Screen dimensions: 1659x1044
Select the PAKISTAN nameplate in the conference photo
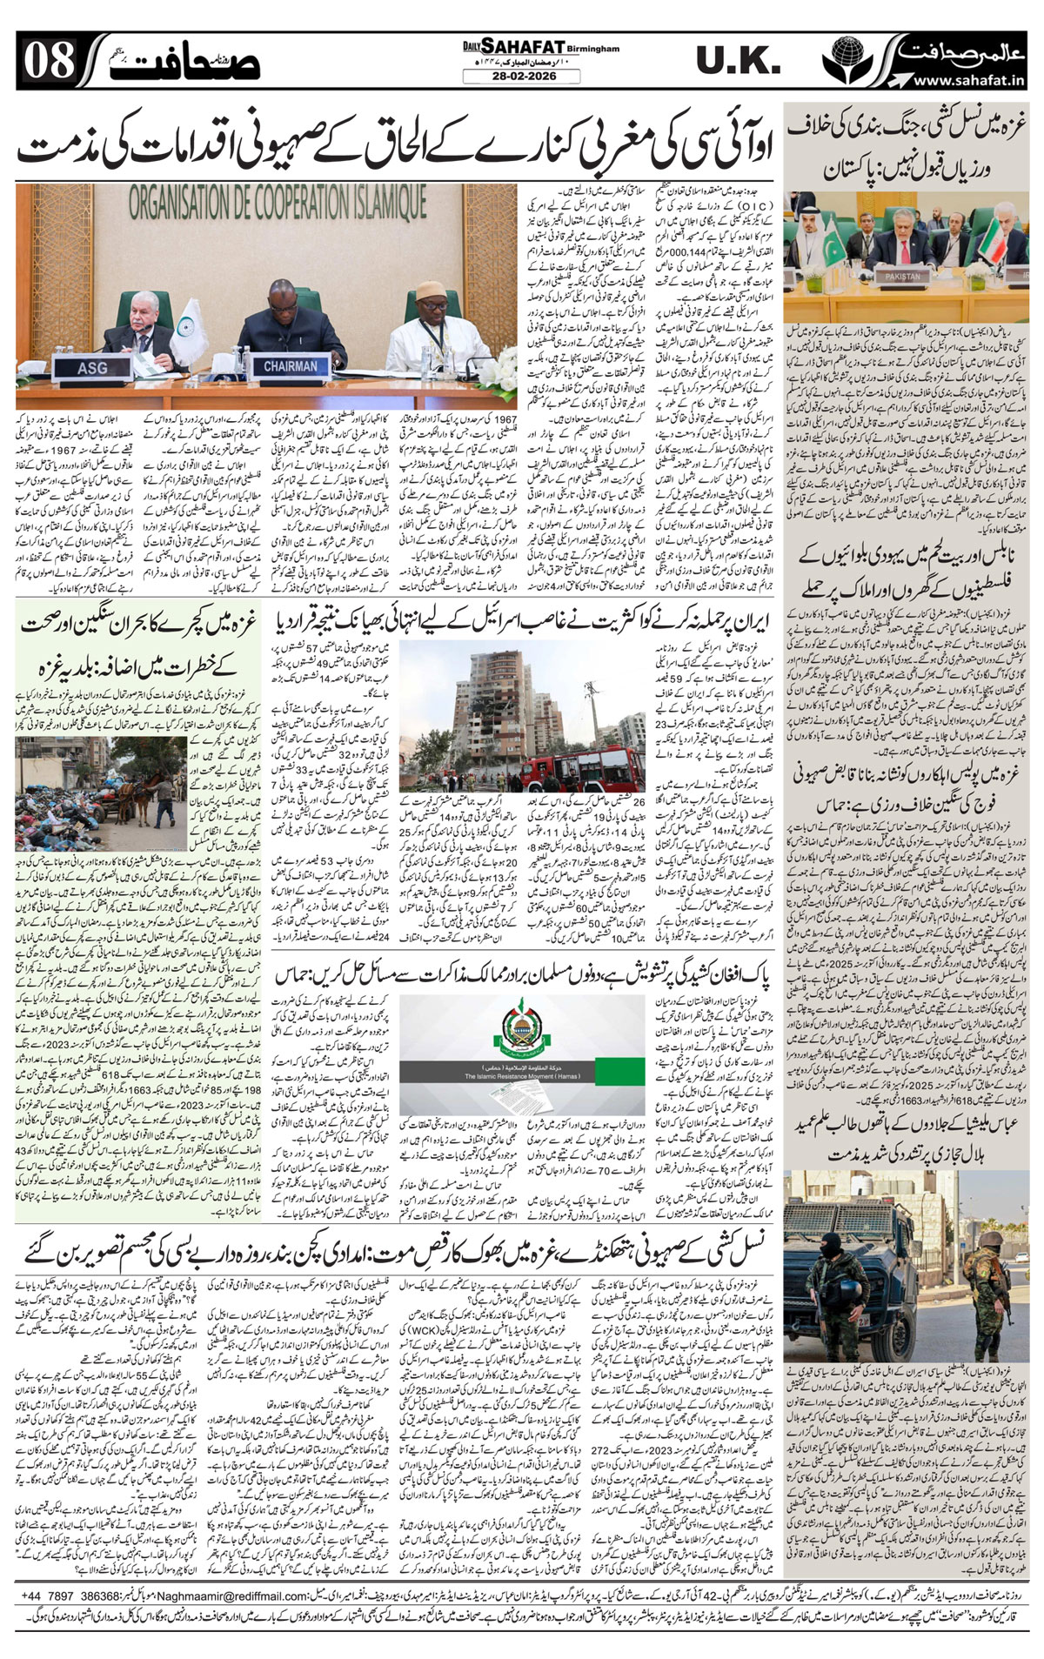(902, 276)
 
